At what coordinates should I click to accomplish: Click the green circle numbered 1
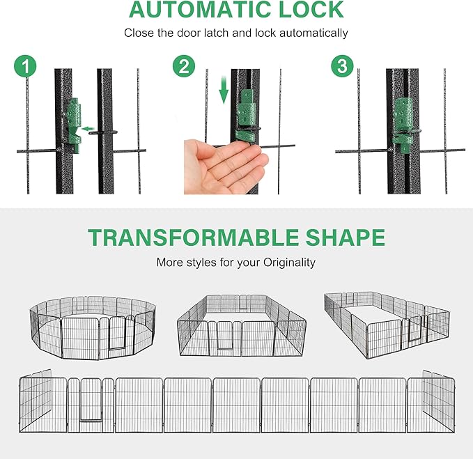click(25, 66)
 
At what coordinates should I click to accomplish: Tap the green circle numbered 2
click(184, 66)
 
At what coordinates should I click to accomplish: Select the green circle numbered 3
click(342, 66)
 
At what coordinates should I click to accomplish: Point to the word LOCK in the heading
click(311, 10)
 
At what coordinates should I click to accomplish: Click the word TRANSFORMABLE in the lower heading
click(193, 238)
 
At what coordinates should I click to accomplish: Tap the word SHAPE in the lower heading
click(345, 238)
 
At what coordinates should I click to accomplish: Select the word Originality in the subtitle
click(289, 263)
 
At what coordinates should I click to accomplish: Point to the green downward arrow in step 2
click(224, 90)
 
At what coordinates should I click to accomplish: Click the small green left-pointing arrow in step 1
click(88, 129)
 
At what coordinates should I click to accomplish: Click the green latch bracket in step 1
click(74, 124)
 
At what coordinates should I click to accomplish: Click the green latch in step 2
click(246, 115)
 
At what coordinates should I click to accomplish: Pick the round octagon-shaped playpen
click(93, 327)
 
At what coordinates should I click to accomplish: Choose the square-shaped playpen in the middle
click(241, 325)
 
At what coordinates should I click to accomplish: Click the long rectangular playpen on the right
click(387, 325)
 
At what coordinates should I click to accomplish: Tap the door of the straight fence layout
click(91, 400)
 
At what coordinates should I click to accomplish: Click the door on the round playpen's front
click(117, 333)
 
